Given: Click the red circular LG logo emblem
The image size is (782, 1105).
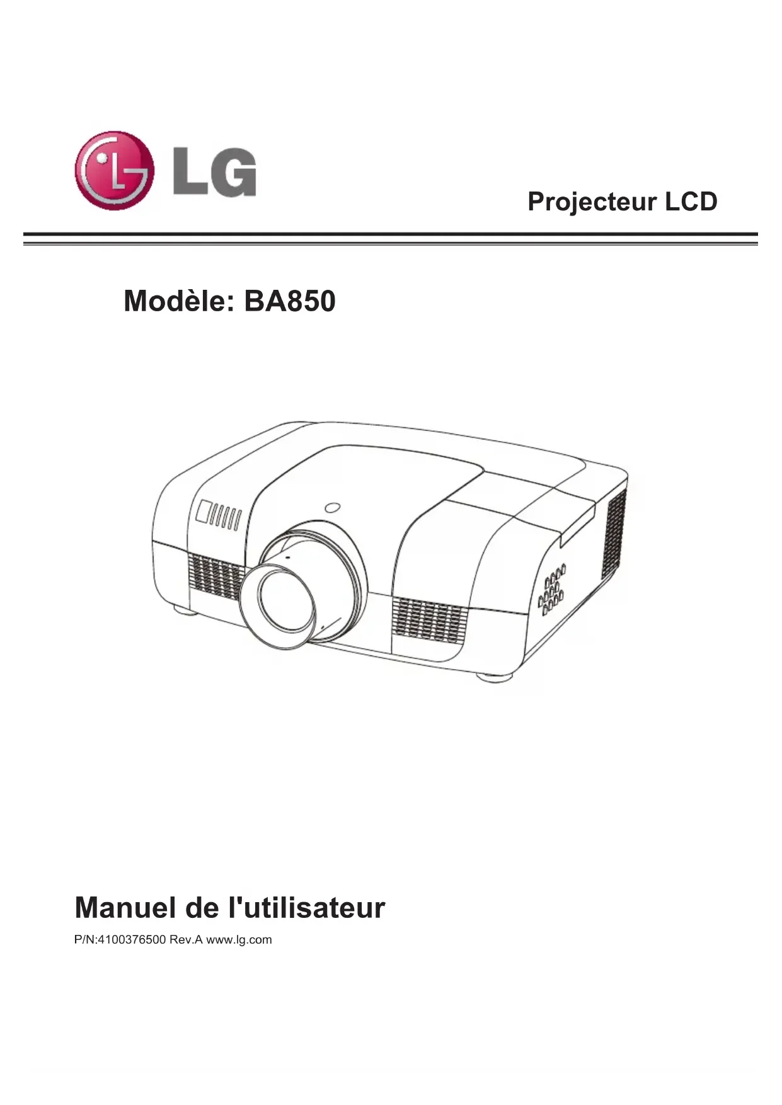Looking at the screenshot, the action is point(114,170).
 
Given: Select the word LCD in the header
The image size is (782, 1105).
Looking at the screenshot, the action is point(691,202).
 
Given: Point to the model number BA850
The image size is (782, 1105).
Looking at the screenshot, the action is point(289,301).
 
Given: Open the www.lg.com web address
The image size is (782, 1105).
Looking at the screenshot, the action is point(239,940).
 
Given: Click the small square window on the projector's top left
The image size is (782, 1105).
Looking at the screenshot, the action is point(205,510).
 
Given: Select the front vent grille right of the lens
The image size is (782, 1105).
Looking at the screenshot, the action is point(429,620).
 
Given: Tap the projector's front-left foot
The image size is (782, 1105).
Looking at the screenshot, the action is point(183,609).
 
